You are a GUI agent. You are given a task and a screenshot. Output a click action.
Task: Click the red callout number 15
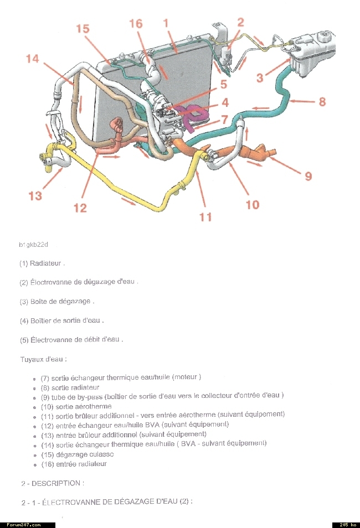click(83, 29)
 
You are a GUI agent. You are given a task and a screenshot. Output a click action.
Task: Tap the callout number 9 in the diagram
click(308, 176)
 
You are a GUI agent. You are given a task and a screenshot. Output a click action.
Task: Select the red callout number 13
click(35, 195)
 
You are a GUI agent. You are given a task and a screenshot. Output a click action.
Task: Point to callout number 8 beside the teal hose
click(322, 101)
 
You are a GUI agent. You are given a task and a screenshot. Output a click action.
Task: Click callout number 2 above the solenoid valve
click(240, 22)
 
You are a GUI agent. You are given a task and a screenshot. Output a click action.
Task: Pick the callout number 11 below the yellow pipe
click(205, 217)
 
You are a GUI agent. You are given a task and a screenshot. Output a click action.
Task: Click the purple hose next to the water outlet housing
click(192, 116)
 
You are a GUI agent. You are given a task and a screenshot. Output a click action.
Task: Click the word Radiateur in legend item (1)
click(45, 263)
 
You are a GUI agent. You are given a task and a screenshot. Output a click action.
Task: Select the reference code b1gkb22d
click(33, 245)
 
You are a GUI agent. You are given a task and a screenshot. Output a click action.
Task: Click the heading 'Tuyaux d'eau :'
click(44, 359)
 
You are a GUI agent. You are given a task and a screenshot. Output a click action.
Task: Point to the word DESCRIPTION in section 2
click(56, 483)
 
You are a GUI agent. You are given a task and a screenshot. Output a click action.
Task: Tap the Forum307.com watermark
click(24, 525)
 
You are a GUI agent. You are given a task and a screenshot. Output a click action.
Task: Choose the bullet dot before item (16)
click(34, 465)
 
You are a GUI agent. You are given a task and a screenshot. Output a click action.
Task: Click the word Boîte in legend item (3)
click(38, 302)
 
